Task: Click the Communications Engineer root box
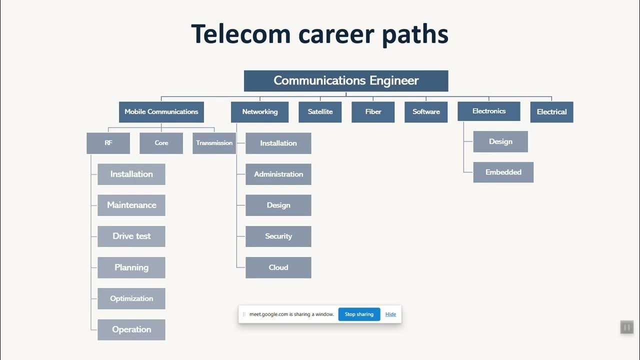tap(345, 81)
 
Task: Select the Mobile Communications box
tap(161, 112)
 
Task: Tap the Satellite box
tap(320, 112)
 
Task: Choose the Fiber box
tap(373, 112)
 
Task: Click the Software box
tap(426, 112)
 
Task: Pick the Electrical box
tap(551, 112)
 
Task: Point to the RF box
tap(108, 143)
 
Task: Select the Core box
tap(161, 143)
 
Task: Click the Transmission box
tap(214, 143)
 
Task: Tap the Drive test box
tap(131, 236)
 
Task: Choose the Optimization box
tap(131, 298)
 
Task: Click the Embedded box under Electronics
tap(503, 172)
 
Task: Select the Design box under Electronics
tap(500, 141)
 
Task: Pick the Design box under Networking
tap(278, 205)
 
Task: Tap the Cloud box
tap(278, 267)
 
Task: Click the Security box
tap(278, 236)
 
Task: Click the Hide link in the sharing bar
tap(390, 314)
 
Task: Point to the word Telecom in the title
tap(240, 34)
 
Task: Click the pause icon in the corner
tap(626, 327)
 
